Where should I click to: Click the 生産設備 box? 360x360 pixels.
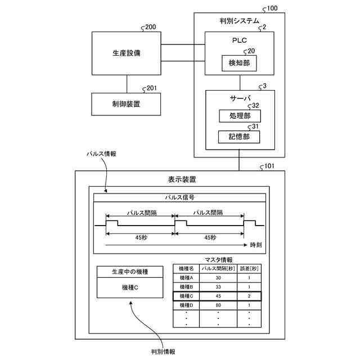pos(127,54)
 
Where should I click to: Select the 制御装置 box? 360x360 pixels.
pos(127,104)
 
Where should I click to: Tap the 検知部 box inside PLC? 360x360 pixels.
pos(240,64)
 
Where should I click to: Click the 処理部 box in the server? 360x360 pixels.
pos(239,116)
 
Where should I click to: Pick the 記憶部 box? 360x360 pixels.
pos(239,137)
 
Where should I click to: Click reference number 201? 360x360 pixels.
pos(151,88)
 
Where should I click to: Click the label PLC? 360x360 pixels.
pos(239,40)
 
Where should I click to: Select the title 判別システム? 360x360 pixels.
pos(239,21)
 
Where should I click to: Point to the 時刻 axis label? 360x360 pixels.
pos(256,246)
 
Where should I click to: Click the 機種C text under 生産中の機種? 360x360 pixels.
pos(130,287)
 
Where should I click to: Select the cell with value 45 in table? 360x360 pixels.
pos(218,296)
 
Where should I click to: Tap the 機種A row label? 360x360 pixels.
pos(186,278)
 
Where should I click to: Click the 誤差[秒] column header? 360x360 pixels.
pos(249,269)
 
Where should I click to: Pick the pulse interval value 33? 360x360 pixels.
pos(218,287)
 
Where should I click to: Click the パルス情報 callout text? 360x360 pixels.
pos(101,154)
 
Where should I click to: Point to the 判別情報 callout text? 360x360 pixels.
pos(163,352)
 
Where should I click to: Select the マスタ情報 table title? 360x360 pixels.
pos(218,259)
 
